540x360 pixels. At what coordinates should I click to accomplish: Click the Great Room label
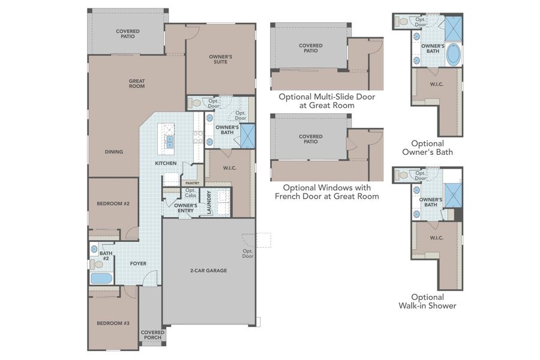point(137,84)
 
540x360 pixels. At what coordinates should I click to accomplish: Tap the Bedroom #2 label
point(113,203)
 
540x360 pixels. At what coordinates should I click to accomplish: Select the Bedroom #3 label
point(113,323)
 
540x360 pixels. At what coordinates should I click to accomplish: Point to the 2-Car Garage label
point(208,271)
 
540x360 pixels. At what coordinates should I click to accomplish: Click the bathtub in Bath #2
point(101,278)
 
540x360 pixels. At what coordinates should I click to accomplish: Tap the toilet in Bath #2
point(96,264)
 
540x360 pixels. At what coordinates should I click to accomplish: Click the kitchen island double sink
point(169,142)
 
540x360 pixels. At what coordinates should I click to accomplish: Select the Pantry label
point(192,183)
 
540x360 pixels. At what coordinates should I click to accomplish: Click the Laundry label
point(209,203)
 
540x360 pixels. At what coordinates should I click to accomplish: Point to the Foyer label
point(138,263)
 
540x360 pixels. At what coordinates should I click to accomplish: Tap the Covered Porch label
point(152,335)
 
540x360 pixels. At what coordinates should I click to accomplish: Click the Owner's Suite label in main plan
point(220,59)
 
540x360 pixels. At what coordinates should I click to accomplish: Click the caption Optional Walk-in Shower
point(427,301)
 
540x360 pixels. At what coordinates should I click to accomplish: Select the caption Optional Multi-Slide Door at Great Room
point(326,101)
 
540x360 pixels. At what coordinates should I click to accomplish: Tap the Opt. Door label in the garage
point(248,254)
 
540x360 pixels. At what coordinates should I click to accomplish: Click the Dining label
point(113,152)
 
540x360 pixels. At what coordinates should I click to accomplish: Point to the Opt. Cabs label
point(190,193)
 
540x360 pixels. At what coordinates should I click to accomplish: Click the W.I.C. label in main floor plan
point(229,168)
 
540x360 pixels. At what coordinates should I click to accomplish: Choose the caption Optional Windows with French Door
point(326,192)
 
